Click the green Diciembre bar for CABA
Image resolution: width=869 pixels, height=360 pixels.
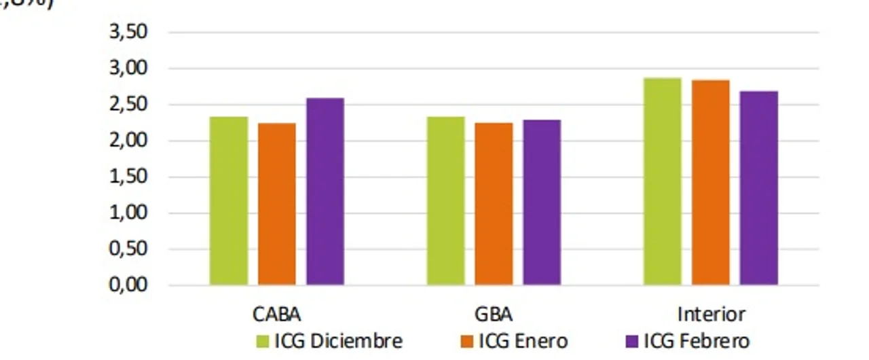tap(229, 200)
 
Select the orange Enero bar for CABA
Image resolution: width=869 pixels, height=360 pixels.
tap(277, 204)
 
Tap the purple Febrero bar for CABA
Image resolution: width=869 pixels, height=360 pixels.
tap(325, 191)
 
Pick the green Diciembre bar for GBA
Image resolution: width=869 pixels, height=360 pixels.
tap(446, 200)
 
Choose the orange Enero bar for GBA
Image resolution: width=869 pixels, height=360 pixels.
tap(494, 204)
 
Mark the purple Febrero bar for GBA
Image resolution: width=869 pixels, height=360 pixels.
tap(542, 202)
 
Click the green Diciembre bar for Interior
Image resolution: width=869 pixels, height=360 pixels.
tap(663, 181)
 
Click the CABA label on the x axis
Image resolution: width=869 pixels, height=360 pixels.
tap(277, 315)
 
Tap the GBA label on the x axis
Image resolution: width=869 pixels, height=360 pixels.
tap(494, 315)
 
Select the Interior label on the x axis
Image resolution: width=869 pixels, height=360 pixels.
tap(711, 315)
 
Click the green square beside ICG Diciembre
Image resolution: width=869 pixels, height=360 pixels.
tap(263, 340)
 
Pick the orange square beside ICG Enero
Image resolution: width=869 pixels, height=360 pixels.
tap(466, 340)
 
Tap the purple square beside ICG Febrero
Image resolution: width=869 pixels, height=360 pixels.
tap(631, 340)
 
